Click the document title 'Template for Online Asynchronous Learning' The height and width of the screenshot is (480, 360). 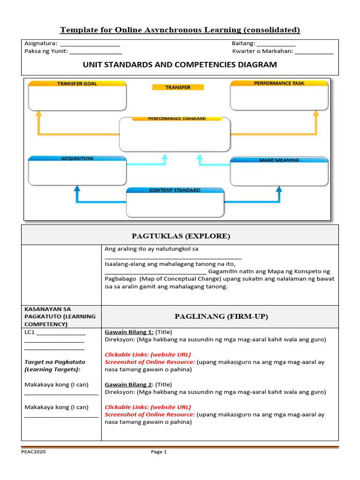tap(180, 30)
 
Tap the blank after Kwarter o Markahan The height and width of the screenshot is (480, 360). tap(314, 52)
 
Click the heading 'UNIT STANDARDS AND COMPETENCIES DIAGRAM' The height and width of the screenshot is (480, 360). tap(180, 65)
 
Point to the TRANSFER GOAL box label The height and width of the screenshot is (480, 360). tap(77, 83)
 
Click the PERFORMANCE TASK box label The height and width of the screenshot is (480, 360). tap(279, 83)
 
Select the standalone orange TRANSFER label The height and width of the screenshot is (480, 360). tap(178, 87)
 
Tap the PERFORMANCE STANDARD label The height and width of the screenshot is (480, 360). tap(177, 119)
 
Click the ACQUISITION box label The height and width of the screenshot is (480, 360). tap(77, 158)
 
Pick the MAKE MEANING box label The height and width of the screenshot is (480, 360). tap(279, 160)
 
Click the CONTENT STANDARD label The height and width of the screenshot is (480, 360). tap(174, 190)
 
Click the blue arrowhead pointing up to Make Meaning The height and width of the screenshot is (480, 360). tap(279, 189)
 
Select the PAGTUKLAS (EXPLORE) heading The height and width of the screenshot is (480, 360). tap(180, 236)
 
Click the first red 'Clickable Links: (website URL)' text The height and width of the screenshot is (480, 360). tap(148, 355)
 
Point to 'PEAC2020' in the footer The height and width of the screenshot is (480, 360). tap(33, 452)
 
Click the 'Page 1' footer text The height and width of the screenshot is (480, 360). tap(158, 452)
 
